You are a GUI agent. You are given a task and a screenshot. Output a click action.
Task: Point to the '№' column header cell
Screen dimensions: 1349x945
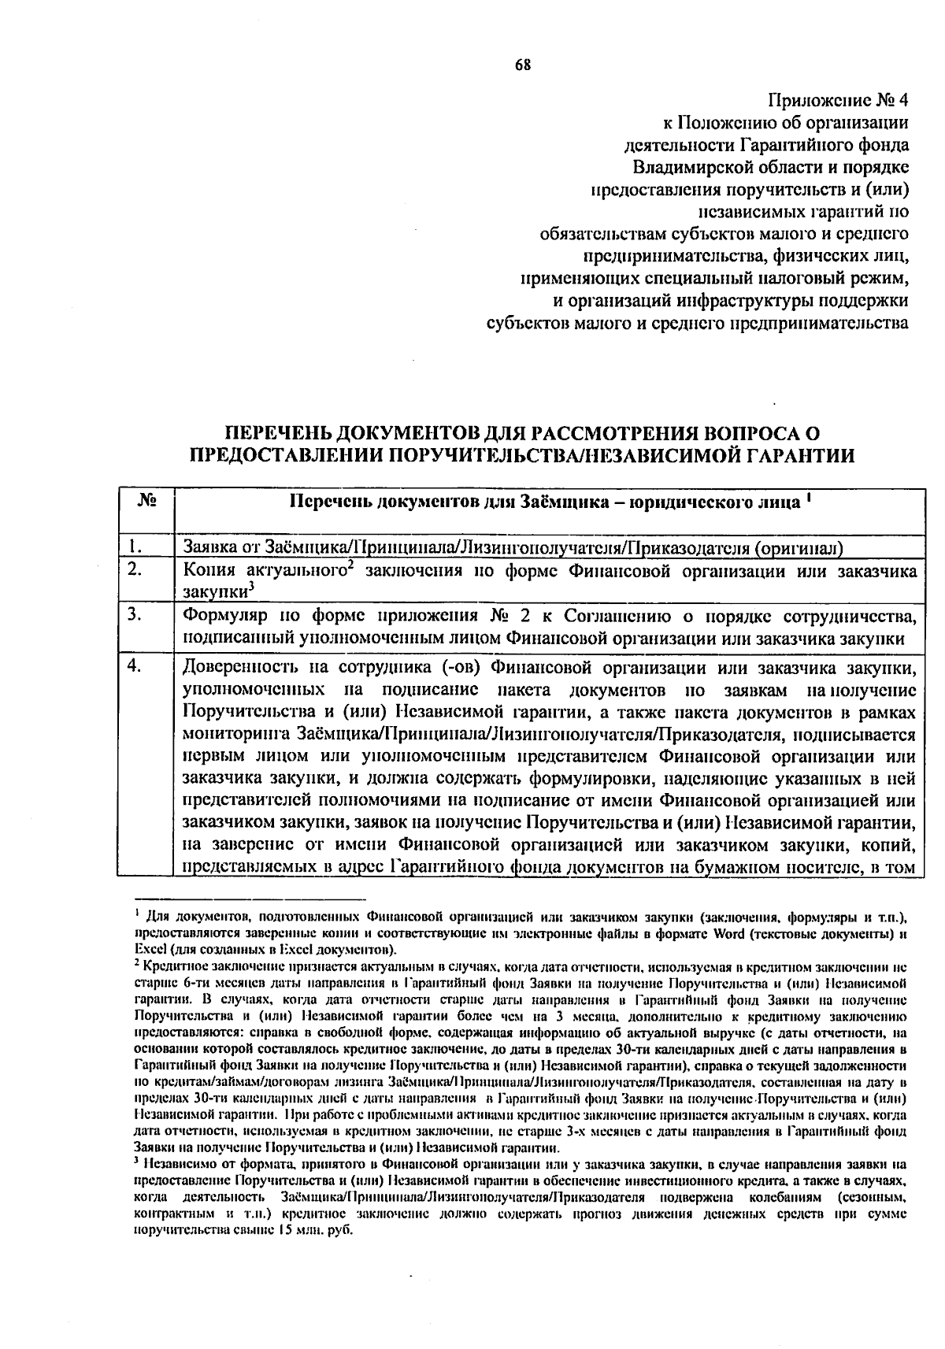(146, 502)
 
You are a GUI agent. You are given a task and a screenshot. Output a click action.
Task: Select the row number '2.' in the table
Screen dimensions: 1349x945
(136, 570)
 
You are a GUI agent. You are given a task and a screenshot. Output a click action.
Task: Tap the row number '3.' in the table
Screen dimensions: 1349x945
(136, 614)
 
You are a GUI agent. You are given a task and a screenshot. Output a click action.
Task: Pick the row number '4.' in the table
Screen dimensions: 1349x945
(136, 666)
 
